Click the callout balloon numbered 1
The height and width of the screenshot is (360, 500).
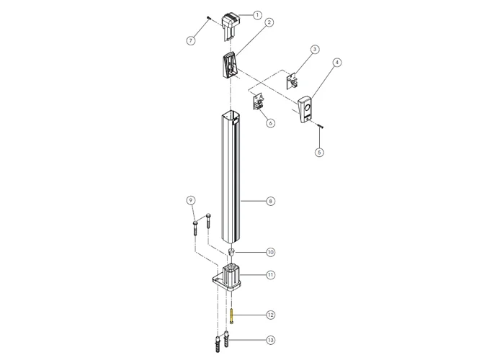tap(258, 14)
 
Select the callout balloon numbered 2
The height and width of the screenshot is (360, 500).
tap(269, 22)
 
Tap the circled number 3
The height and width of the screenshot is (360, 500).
tap(315, 50)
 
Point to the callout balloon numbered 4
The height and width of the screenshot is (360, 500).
tap(336, 63)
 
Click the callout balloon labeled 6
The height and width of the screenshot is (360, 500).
tap(271, 123)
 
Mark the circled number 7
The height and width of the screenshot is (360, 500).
tap(191, 40)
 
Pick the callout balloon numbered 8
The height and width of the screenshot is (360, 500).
tap(270, 202)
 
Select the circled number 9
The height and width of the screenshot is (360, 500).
tap(191, 199)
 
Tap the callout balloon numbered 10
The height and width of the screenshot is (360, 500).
tap(270, 252)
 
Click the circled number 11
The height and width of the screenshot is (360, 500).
tap(270, 274)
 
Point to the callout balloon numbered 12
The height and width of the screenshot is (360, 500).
tap(270, 315)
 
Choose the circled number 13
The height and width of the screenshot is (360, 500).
tap(270, 339)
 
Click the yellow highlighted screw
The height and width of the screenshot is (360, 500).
tap(233, 315)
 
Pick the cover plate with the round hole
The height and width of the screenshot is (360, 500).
tap(306, 110)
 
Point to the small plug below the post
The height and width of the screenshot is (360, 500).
tap(232, 253)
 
